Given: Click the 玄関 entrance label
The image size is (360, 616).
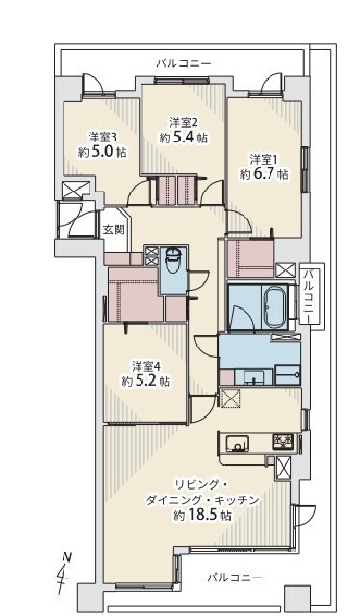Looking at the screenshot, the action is click(114, 229).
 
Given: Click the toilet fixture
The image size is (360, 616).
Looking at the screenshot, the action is click(172, 262).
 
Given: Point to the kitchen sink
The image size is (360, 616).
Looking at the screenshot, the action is click(237, 443).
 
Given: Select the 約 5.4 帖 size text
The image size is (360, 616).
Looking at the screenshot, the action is click(184, 139).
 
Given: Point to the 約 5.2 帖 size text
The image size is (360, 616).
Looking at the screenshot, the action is click(145, 381).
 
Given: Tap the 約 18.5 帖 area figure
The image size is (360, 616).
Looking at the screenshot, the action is click(202, 515).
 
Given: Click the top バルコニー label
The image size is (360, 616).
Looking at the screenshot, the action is click(184, 63).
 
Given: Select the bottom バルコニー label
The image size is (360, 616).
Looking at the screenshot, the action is click(234, 577).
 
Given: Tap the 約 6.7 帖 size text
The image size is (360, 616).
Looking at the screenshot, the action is click(264, 174).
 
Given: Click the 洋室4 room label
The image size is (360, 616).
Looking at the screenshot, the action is click(145, 367).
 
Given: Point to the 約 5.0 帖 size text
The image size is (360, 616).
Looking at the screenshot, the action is click(102, 152).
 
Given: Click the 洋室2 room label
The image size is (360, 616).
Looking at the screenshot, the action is click(184, 123).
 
